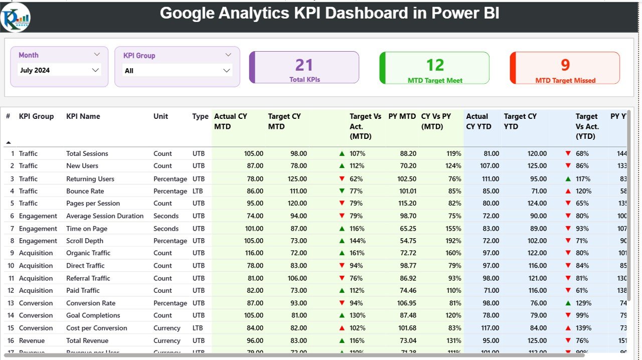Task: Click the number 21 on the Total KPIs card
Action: point(304,65)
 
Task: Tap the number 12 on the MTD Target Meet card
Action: point(435,65)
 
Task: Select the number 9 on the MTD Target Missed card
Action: point(565,65)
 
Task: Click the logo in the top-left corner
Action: point(16,17)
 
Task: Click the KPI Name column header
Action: point(83,116)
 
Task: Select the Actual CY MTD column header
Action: point(231,121)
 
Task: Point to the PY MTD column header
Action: point(402,116)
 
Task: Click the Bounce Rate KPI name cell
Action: point(85,191)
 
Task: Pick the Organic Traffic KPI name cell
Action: point(88,253)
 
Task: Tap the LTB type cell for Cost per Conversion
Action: point(198,328)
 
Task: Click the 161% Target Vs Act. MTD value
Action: point(358,253)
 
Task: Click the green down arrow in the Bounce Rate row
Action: point(342,191)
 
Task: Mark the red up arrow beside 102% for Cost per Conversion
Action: point(342,328)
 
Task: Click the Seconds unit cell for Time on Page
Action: point(166,229)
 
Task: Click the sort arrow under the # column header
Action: point(8,143)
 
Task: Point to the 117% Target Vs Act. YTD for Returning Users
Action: point(583,179)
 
